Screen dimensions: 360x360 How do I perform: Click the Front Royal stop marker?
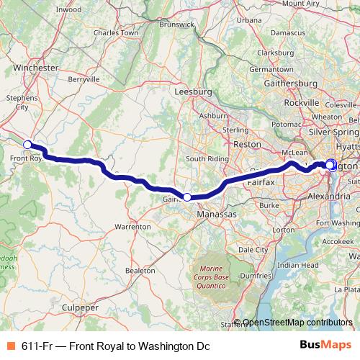click(27, 145)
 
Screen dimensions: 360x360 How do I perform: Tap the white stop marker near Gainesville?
click(186, 197)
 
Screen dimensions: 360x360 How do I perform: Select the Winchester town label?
click(36, 68)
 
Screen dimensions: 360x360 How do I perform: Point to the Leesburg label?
click(194, 92)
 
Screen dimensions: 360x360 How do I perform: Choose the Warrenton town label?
click(132, 226)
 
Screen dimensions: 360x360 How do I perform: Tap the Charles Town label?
click(115, 32)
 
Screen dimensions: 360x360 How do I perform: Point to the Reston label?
click(247, 144)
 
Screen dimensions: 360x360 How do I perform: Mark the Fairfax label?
click(261, 183)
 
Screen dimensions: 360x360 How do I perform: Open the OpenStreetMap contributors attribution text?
click(297, 323)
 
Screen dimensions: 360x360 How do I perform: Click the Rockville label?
click(301, 103)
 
